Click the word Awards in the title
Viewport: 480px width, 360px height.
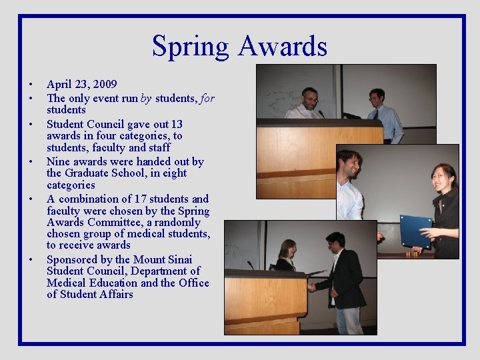click(x=283, y=47)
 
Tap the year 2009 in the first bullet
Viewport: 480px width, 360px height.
click(x=105, y=84)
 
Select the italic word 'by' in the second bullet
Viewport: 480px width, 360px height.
click(x=146, y=98)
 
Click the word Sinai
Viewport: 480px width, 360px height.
click(x=177, y=259)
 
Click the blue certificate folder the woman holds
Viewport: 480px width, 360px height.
click(x=415, y=231)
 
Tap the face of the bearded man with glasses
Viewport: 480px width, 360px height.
click(x=309, y=99)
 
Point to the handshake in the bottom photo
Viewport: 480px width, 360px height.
click(x=311, y=287)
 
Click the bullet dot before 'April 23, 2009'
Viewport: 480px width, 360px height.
click(x=31, y=85)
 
